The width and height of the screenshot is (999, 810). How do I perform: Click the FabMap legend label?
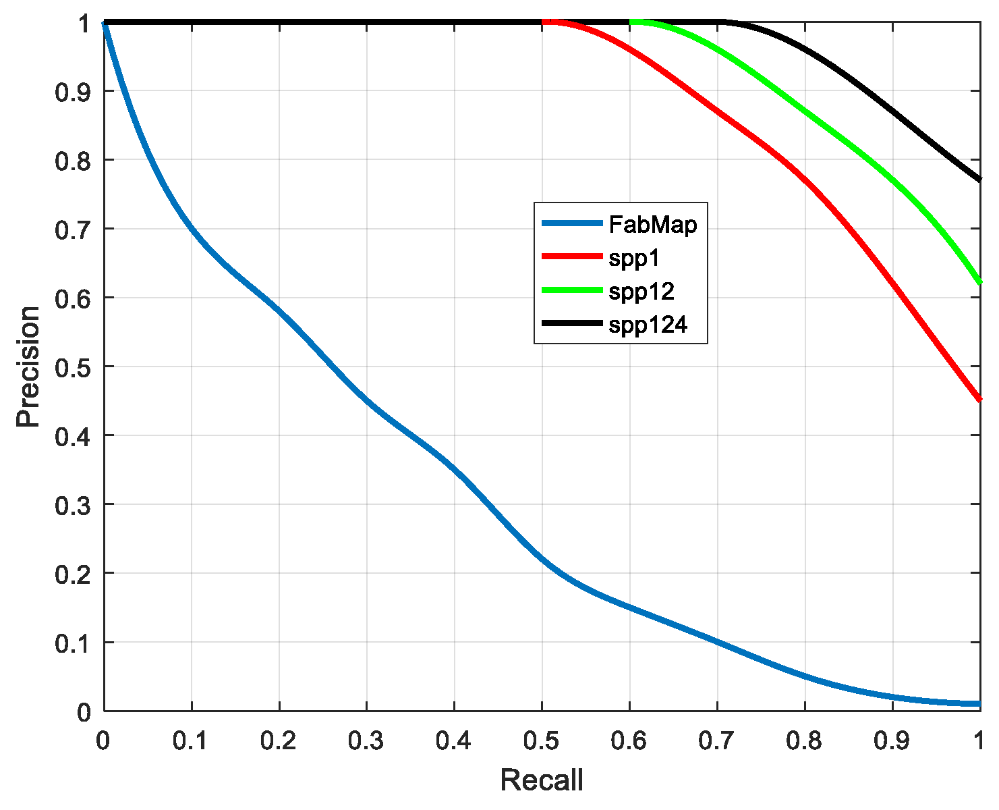(652, 224)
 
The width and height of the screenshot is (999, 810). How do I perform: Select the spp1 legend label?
(634, 258)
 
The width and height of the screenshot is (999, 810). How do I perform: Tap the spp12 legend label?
(641, 292)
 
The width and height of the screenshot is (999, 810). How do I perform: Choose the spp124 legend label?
(648, 325)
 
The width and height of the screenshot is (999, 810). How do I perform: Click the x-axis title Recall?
(542, 780)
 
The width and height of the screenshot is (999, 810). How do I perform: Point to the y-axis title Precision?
(28, 367)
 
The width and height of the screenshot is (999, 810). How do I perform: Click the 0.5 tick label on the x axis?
(542, 741)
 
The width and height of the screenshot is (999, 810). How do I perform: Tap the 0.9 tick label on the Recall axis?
(892, 741)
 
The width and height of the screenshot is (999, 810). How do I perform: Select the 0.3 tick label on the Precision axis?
(72, 504)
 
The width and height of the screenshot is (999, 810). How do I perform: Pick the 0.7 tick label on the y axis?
(72, 229)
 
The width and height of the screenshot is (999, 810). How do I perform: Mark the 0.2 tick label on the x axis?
(279, 741)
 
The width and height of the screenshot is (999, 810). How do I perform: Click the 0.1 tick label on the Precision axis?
(72, 642)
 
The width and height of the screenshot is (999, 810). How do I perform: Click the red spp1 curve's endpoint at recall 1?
(979, 400)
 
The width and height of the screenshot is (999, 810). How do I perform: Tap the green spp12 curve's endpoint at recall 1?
(979, 283)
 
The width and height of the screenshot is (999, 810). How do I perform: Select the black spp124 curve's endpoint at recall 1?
(979, 180)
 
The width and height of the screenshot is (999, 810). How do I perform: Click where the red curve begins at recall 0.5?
(544, 22)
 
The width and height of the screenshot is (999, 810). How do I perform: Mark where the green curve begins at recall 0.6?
(631, 22)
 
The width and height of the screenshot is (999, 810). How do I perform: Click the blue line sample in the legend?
(571, 223)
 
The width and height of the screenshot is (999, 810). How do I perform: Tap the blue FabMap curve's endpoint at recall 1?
(979, 703)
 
